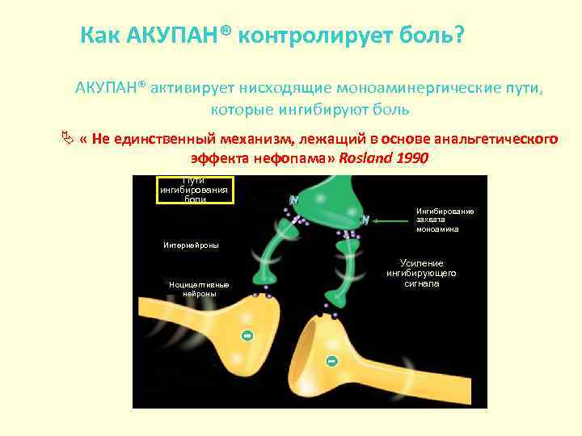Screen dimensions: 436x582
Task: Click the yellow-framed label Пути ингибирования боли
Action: coord(195,190)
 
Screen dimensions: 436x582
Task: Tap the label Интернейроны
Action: coord(191,245)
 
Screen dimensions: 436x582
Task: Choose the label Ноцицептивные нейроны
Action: coord(199,289)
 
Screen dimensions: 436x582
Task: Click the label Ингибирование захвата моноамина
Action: coord(445,220)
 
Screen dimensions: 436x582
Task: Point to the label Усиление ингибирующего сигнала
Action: coord(420,274)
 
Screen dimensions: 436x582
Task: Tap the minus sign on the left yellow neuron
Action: coord(247,335)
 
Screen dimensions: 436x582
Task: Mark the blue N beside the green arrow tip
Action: coord(365,220)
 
